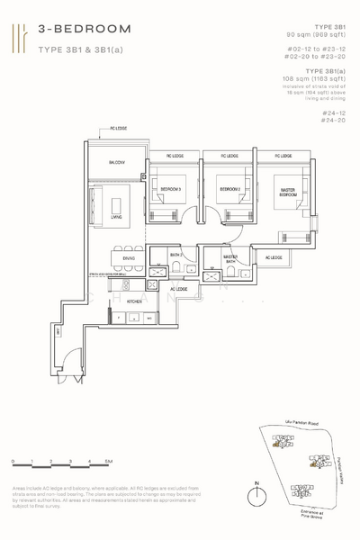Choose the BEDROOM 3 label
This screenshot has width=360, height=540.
point(171,189)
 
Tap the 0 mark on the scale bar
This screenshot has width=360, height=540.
point(13,461)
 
